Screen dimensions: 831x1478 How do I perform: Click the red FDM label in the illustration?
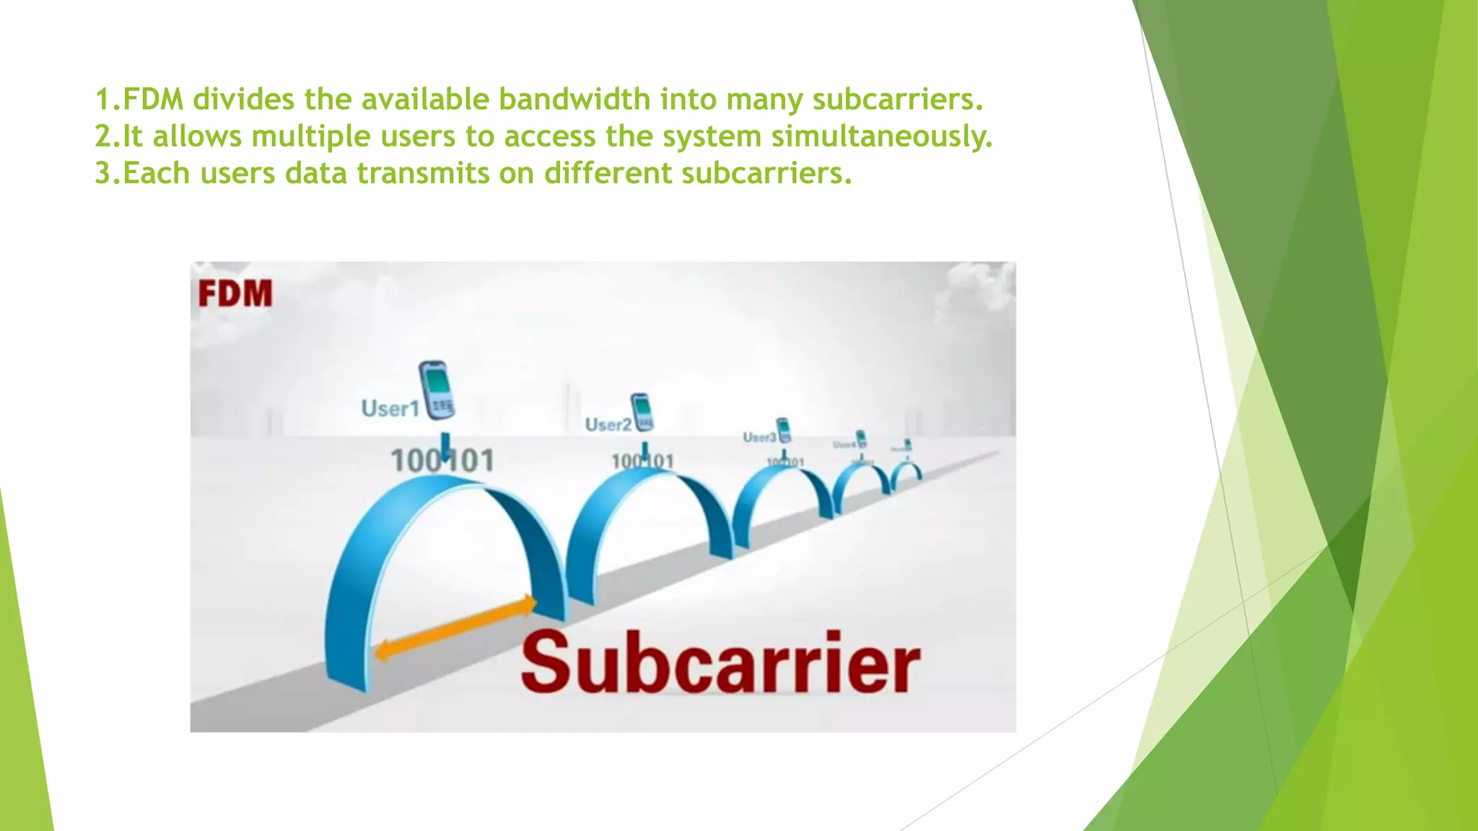(x=235, y=294)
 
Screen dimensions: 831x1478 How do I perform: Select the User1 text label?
(x=390, y=409)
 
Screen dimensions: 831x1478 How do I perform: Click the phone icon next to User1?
(x=437, y=390)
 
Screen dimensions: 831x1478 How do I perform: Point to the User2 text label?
(x=608, y=425)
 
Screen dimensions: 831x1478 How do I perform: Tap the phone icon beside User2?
(x=642, y=412)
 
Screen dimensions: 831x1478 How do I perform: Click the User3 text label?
(x=759, y=438)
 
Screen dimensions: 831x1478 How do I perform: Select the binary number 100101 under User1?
(x=442, y=461)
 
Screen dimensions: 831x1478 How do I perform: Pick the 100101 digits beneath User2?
(x=642, y=462)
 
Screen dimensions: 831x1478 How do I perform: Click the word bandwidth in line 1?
(x=574, y=100)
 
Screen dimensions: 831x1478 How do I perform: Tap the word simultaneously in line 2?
(x=882, y=136)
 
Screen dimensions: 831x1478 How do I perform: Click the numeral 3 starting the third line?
(x=103, y=174)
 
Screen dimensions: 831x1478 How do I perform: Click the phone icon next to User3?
(x=784, y=430)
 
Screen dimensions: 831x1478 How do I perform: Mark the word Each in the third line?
(x=157, y=174)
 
